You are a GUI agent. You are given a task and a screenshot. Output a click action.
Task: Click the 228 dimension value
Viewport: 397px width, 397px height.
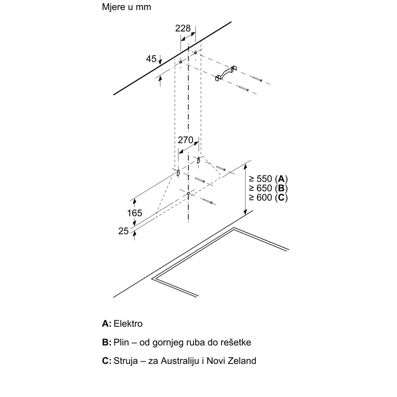(183, 28)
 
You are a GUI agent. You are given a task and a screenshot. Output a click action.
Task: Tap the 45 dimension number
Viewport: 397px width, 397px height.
(151, 59)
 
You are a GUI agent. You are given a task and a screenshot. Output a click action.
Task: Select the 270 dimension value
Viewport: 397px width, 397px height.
(185, 140)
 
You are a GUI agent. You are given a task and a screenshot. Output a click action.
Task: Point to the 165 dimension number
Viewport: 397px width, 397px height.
(134, 213)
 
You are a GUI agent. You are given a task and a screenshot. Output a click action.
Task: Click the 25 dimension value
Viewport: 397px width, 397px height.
(124, 231)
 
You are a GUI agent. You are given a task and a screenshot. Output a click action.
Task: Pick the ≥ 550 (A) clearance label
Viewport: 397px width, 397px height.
(268, 179)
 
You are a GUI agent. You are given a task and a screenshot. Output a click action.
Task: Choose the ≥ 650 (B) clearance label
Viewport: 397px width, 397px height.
(268, 188)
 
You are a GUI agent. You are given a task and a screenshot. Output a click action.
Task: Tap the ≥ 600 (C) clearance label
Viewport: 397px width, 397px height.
(268, 197)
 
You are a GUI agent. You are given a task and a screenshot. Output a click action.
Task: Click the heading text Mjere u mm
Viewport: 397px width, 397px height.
(126, 7)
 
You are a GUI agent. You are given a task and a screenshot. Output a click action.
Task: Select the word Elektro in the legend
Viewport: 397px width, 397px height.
(128, 324)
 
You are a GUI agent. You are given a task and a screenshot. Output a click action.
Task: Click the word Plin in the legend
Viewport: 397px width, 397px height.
(121, 342)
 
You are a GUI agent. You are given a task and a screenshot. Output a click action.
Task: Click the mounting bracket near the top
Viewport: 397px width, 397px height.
(226, 73)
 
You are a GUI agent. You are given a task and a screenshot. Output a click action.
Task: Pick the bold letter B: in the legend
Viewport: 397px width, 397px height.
(106, 342)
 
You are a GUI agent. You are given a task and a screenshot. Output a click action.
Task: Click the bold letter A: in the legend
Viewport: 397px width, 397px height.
(106, 324)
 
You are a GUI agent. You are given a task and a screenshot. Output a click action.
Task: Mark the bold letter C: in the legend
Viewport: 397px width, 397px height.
(106, 361)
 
